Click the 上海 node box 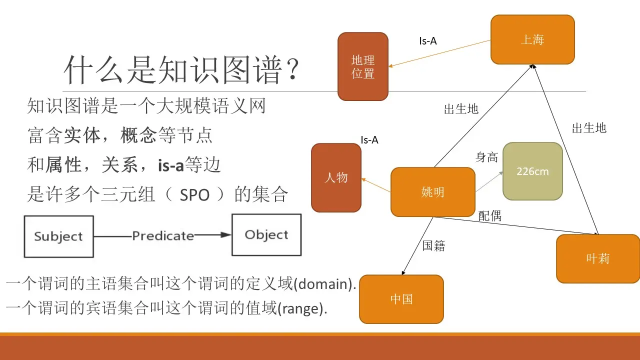(532, 39)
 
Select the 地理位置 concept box (363, 66)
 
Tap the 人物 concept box (336, 177)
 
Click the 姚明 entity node (432, 192)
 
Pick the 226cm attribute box (532, 171)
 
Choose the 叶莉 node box (598, 258)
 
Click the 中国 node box (401, 299)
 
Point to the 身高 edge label (486, 157)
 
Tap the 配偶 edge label (489, 215)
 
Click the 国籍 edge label (433, 245)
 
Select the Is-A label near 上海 (428, 41)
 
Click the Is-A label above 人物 (369, 140)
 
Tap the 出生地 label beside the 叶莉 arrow (589, 128)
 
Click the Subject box (58, 236)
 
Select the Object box (266, 235)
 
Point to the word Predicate (163, 235)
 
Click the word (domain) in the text (324, 284)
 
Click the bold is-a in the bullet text (171, 165)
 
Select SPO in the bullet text (194, 195)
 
